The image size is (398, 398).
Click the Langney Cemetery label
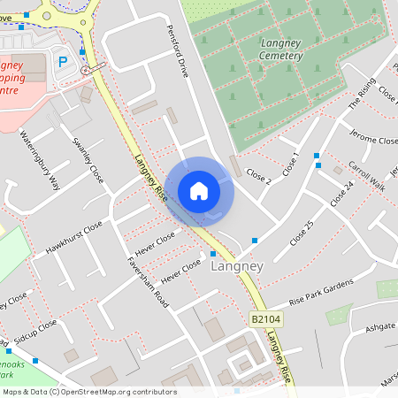[282, 49]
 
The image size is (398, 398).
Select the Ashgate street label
[379, 326]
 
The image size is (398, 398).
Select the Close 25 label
[302, 233]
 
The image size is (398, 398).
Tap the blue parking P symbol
[62, 61]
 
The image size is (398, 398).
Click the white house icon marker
[199, 191]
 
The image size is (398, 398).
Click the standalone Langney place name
[238, 264]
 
